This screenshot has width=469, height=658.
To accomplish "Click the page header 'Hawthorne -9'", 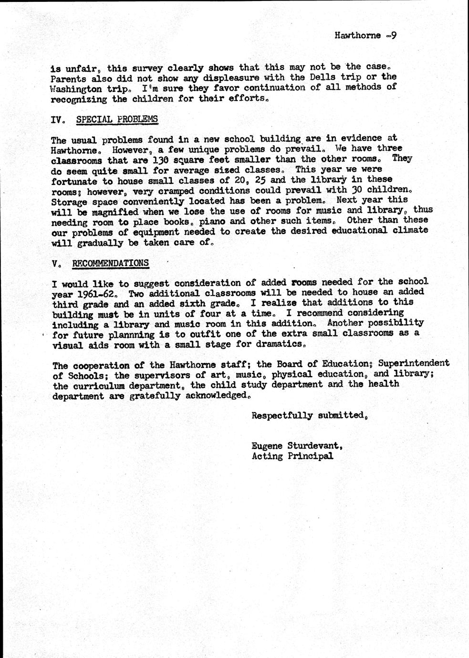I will pyautogui.click(x=365, y=35).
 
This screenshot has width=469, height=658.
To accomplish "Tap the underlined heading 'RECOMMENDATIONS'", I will pyautogui.click(x=110, y=263).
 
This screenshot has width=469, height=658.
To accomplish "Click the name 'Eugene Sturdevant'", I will pyautogui.click(x=296, y=446).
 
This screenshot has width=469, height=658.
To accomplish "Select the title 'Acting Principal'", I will pyautogui.click(x=292, y=456).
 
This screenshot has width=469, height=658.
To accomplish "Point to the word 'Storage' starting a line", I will pyautogui.click(x=69, y=201).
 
